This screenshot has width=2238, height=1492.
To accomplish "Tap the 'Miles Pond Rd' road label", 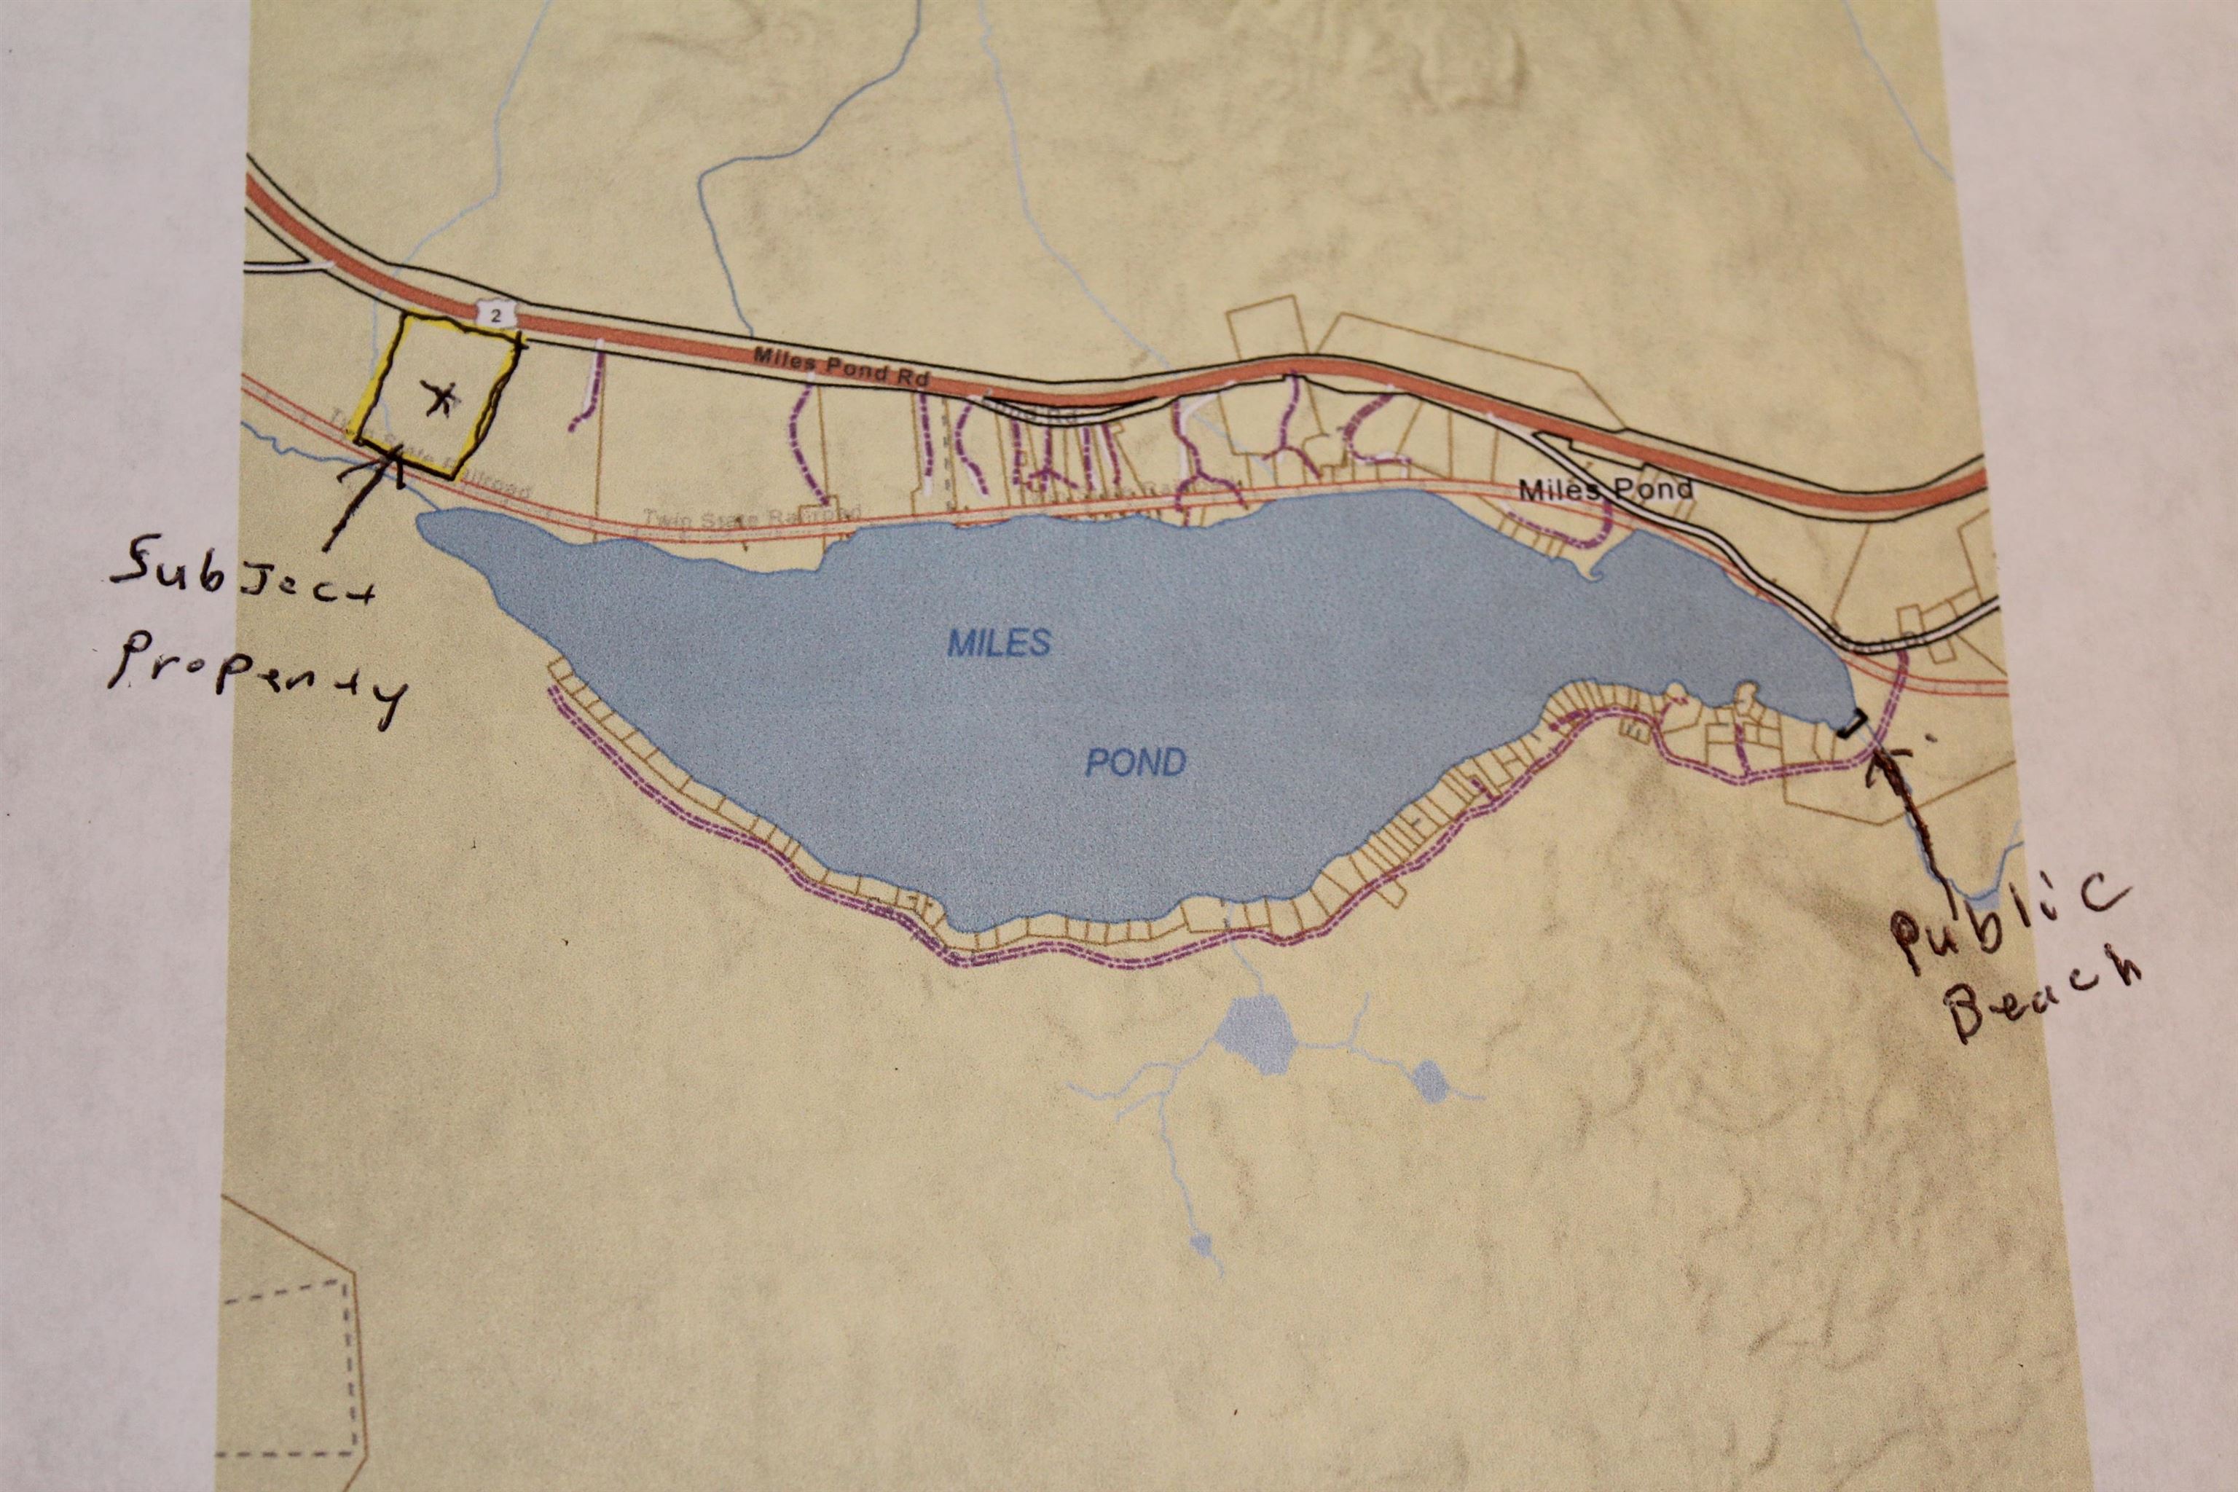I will pyautogui.click(x=839, y=366).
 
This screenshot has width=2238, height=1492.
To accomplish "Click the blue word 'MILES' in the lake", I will pyautogui.click(x=998, y=644).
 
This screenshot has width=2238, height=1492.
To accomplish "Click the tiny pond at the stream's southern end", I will pyautogui.click(x=1201, y=1244).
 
